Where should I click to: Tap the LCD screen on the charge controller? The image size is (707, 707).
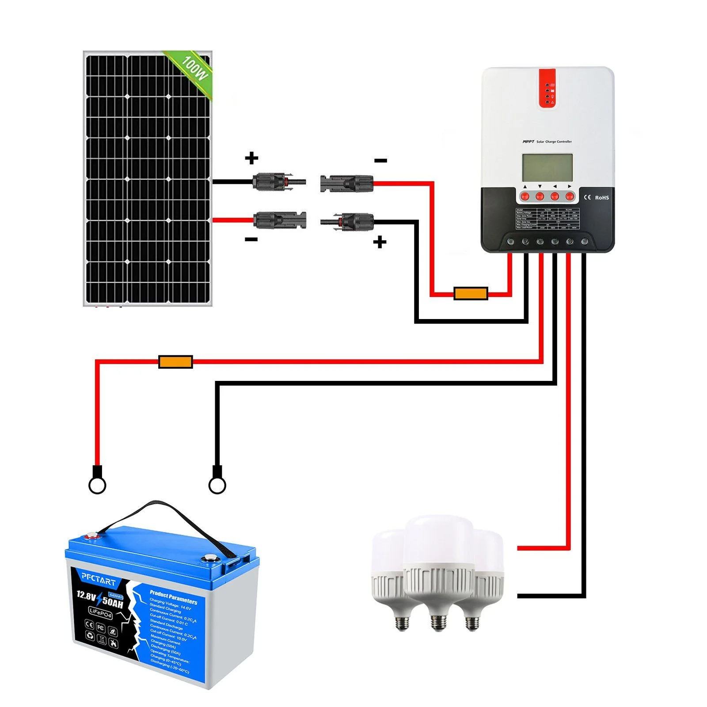coord(547,167)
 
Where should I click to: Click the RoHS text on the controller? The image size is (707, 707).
coord(601,198)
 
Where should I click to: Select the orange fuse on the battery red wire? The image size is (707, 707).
coord(175,362)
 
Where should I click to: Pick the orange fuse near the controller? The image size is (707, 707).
coord(471,293)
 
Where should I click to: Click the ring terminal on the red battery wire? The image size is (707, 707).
coord(97,484)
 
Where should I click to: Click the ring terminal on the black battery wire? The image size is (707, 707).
coord(217,484)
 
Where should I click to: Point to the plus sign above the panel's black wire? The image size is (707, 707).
coord(251,158)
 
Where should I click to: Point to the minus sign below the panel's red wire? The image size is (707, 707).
coord(251,239)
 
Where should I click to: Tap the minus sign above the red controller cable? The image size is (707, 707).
coord(380,160)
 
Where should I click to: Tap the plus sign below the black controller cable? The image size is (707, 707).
coord(380,242)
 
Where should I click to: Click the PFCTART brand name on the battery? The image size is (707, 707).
coord(99,578)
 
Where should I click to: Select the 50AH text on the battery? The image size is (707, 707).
coord(112,601)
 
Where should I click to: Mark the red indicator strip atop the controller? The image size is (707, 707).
coord(547,88)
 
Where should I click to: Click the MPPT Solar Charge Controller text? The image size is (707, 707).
coord(547,142)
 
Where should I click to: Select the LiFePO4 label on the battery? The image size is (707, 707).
coord(100,613)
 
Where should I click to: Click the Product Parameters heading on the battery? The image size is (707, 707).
coord(173,597)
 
